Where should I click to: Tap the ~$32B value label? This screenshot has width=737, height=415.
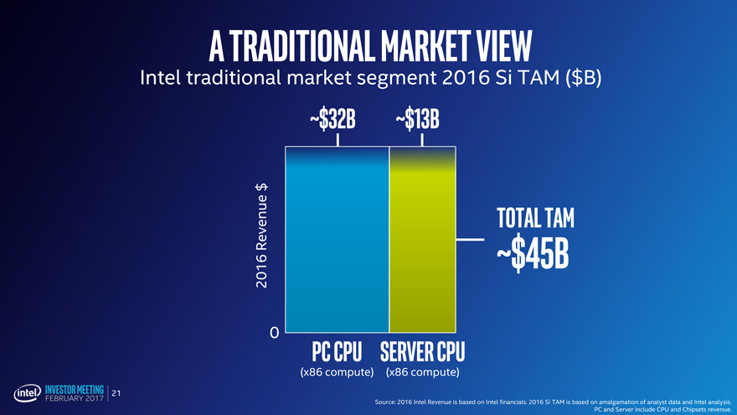pos(332,120)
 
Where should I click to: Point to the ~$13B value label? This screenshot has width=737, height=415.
pos(417,120)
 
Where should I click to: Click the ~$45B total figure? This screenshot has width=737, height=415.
pos(533,257)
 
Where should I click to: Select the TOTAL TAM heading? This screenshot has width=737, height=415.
pos(535,218)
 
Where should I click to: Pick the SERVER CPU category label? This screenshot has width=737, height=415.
pos(422,350)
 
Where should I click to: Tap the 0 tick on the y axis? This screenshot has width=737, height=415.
pos(275,333)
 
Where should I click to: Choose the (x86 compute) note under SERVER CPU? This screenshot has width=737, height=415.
pos(422,371)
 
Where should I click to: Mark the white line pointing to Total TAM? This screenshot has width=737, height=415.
pos(470,240)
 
